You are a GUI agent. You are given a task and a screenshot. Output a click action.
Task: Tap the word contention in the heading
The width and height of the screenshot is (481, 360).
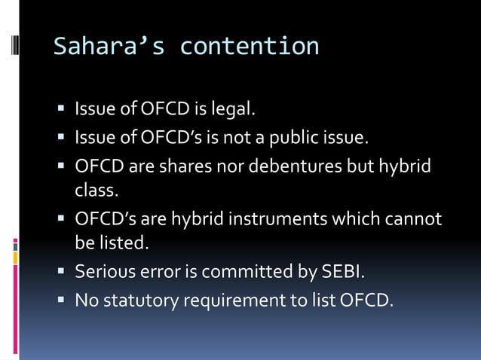250,46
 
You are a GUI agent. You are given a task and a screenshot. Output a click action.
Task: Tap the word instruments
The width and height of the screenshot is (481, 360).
283,219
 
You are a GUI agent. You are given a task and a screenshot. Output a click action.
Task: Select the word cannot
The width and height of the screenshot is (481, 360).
413,219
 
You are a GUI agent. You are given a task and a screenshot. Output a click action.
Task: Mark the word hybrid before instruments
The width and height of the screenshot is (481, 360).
198,219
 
